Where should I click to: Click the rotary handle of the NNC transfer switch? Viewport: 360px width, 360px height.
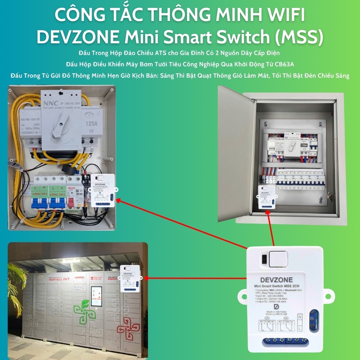[60, 127]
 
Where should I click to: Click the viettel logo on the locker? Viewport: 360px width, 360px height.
[80, 277]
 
